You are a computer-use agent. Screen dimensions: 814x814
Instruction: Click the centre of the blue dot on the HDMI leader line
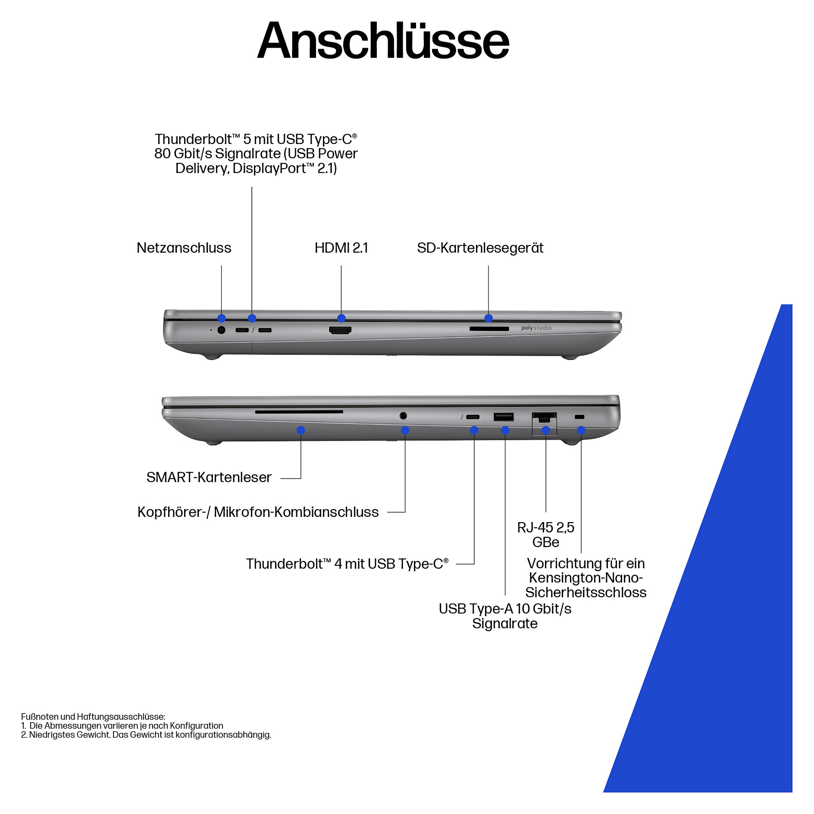(x=341, y=318)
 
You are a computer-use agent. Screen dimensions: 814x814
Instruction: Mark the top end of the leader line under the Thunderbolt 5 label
(x=252, y=187)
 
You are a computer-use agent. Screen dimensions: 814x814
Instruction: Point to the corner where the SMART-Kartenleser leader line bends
(x=301, y=478)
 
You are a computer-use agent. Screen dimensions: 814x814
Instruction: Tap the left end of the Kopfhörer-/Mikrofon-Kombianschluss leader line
(x=388, y=512)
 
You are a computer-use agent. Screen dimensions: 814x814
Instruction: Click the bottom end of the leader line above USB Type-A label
(x=505, y=595)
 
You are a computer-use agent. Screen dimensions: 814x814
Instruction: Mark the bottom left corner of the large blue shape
(x=604, y=792)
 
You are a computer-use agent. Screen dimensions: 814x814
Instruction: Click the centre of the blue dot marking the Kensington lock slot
(x=581, y=430)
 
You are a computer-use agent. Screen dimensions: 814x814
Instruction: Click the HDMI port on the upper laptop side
(x=340, y=330)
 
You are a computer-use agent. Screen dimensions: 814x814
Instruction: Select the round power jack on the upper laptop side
(x=222, y=330)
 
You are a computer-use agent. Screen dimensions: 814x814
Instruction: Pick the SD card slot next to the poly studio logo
(x=489, y=329)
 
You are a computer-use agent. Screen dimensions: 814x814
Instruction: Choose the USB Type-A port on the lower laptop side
(x=504, y=417)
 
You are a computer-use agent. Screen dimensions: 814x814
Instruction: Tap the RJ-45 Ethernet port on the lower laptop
(x=545, y=418)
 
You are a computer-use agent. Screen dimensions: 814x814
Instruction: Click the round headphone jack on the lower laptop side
(x=403, y=416)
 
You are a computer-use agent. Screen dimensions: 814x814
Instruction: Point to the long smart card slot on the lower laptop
(x=299, y=412)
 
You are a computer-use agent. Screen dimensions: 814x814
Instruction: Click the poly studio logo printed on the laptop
(x=536, y=328)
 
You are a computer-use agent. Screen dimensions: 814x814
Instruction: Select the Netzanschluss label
(x=184, y=248)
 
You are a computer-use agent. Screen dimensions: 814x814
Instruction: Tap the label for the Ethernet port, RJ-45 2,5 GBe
(x=546, y=535)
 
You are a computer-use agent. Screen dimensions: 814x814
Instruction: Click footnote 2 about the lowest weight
(x=146, y=735)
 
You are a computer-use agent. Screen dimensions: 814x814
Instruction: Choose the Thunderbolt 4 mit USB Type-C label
(x=347, y=564)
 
